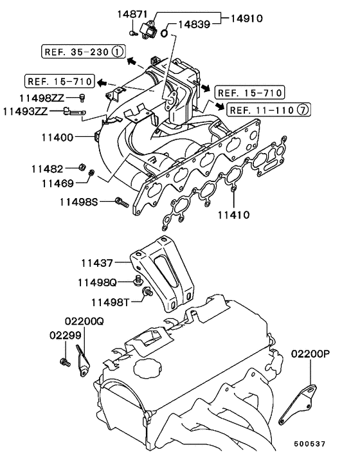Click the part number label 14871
coord(133,14)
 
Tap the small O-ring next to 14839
coord(165,32)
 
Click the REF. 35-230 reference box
coord(84,51)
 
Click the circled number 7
coord(303,110)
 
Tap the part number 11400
coord(57,137)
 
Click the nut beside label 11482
coord(82,168)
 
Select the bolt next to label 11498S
coord(121,203)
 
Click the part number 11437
coord(97,262)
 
